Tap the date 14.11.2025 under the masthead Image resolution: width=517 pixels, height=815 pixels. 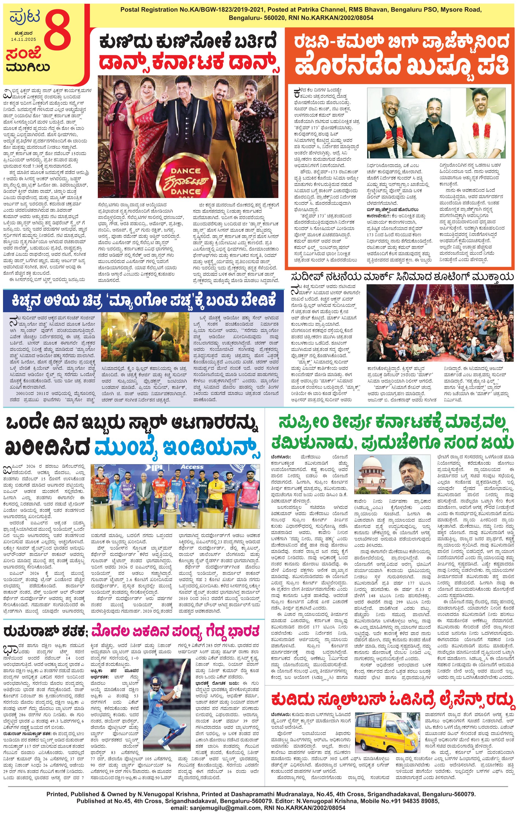23,39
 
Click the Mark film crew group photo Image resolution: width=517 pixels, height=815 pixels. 439,323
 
